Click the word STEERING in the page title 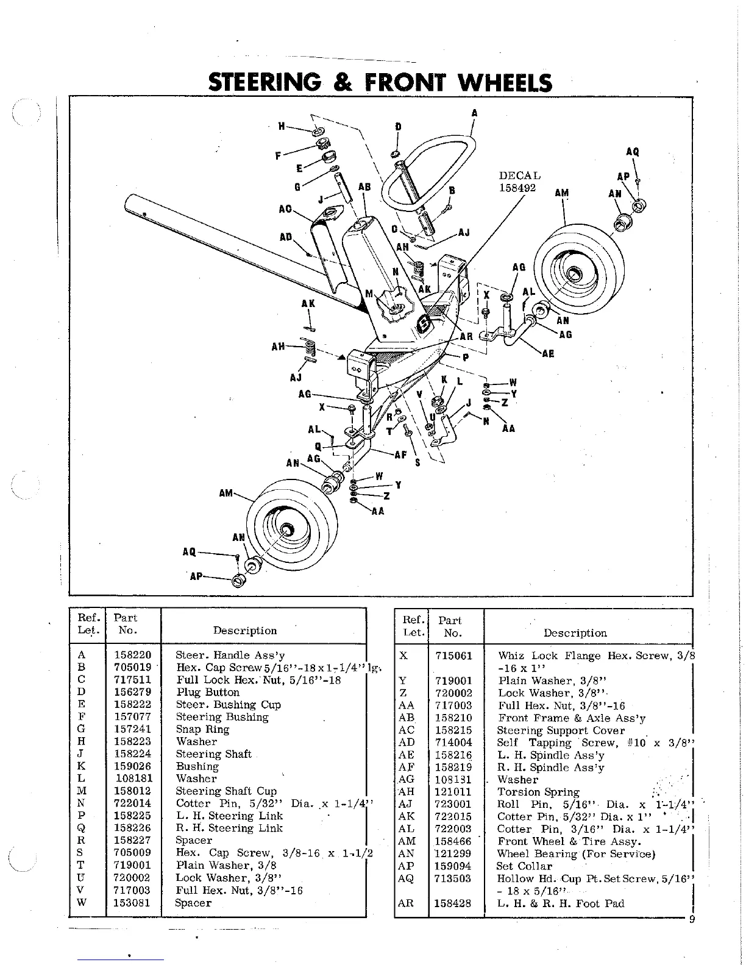point(264,83)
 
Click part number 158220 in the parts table point(132,656)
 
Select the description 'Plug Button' point(208,692)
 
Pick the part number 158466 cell point(453,841)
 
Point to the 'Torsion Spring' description point(538,792)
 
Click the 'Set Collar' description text point(524,866)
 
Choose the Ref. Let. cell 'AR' point(405,903)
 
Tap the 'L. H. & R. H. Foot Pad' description point(561,903)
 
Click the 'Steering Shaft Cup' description point(226,791)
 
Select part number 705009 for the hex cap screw point(132,853)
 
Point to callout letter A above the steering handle point(474,113)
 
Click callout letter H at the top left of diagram point(282,126)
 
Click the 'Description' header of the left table point(245,631)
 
